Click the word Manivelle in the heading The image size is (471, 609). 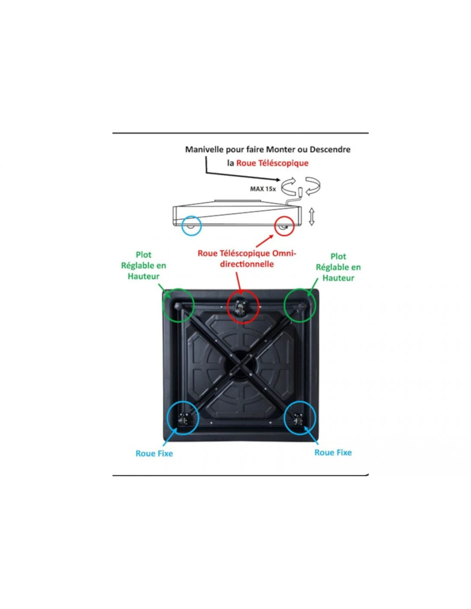tap(204, 149)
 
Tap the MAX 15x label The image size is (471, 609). tap(263, 189)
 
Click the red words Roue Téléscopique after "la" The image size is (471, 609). tap(272, 163)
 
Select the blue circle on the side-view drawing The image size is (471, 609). tap(191, 225)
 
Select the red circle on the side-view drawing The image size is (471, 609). tap(284, 226)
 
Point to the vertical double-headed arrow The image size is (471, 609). tap(312, 216)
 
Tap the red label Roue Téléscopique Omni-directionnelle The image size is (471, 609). tap(247, 259)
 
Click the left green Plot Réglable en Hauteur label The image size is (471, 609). tap(143, 266)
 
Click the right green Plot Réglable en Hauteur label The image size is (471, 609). tap(338, 267)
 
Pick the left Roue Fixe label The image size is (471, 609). tap(154, 454)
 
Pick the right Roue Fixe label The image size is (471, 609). tap(333, 453)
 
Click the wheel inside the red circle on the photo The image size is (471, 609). tap(241, 306)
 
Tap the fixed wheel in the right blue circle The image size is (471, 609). tap(298, 419)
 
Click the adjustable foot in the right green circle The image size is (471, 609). tap(302, 306)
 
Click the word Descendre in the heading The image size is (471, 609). tap(330, 149)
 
